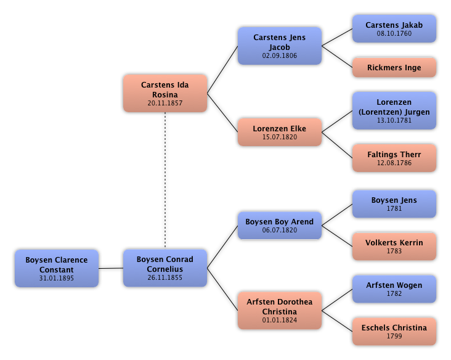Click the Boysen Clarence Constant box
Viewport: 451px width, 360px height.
(x=57, y=268)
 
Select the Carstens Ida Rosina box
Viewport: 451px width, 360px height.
(x=165, y=93)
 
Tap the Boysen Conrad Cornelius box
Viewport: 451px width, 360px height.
(x=165, y=268)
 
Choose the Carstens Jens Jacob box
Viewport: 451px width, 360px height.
(x=280, y=46)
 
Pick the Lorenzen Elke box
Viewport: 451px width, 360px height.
(x=280, y=132)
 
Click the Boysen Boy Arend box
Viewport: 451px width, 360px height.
(x=280, y=225)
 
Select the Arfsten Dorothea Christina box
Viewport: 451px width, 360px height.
(x=280, y=310)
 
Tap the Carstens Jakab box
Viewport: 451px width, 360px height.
(x=394, y=28)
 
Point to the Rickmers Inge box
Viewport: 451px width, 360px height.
(x=394, y=68)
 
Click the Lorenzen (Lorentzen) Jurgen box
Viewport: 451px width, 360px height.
(x=394, y=110)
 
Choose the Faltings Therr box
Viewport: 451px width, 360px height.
(x=394, y=158)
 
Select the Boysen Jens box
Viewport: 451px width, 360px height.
(x=394, y=203)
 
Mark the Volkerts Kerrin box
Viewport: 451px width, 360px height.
(x=394, y=246)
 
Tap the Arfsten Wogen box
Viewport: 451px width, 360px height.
(x=394, y=288)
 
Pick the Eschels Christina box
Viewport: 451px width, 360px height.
(x=394, y=331)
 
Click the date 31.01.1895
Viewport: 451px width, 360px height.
(x=57, y=278)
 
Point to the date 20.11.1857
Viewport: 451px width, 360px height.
(x=165, y=103)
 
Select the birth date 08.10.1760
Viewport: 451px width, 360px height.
(x=394, y=33)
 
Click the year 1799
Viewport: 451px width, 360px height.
(x=394, y=336)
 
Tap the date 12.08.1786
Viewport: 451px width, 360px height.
(x=394, y=163)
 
